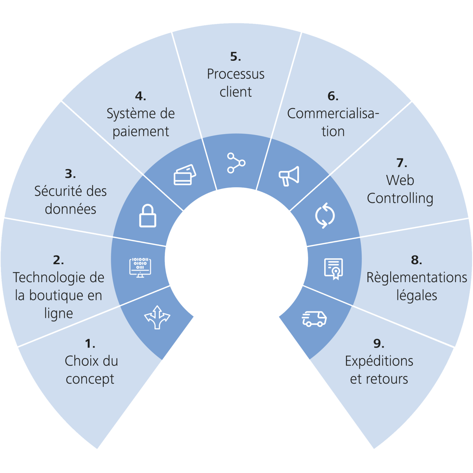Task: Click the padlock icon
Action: point(148,216)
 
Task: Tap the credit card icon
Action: point(185,175)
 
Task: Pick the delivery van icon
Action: point(314,319)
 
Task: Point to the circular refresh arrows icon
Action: point(325,215)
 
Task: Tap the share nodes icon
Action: point(236,163)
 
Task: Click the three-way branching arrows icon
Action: point(157,317)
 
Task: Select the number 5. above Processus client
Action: point(236,56)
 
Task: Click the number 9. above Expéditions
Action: point(379,344)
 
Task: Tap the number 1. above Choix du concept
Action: point(90,344)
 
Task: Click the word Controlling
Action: point(400,198)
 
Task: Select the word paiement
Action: point(141,131)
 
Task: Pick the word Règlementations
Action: point(417,278)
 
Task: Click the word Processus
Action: point(236,74)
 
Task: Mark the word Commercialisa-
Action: point(333,114)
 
